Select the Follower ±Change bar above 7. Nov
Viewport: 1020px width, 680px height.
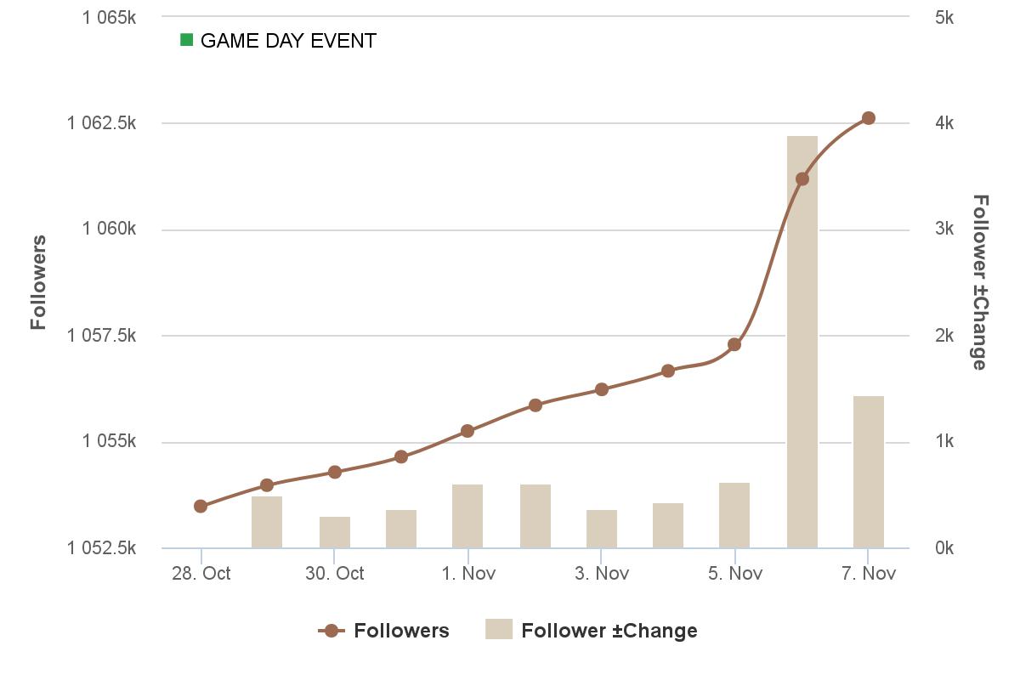coord(868,472)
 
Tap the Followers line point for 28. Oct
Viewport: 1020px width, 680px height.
coord(201,506)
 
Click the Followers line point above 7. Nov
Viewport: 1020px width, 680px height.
coord(868,118)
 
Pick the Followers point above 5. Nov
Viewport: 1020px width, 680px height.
coord(734,344)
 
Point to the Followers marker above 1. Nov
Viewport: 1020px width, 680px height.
coord(467,431)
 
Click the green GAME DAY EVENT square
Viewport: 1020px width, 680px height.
coord(187,40)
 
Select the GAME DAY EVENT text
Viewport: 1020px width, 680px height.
coord(288,41)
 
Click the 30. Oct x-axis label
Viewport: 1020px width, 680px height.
coord(334,574)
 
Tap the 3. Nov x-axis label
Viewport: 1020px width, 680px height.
coord(601,574)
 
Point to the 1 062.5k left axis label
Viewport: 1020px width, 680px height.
coord(101,123)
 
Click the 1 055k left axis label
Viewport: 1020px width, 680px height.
coord(109,441)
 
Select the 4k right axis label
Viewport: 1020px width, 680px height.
coord(943,123)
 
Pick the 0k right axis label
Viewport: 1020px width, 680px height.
coord(943,548)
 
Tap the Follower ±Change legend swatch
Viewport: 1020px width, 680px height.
coord(499,630)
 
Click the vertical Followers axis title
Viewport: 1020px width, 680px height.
coord(38,282)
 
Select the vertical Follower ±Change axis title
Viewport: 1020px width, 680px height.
coord(980,282)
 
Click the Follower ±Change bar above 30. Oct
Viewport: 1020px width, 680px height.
coord(334,532)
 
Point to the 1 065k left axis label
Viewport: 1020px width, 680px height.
coord(109,17)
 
